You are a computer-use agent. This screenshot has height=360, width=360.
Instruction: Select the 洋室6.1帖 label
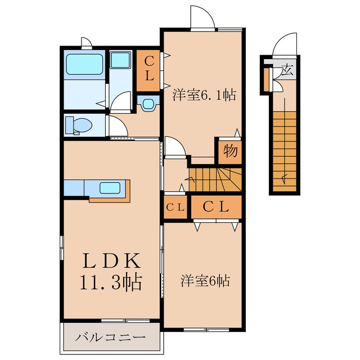point(203,94)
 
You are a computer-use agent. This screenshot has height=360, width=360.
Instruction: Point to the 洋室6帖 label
point(205,280)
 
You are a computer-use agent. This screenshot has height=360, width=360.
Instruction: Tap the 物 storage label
point(229,151)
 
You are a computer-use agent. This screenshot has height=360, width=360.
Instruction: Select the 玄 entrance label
point(287,71)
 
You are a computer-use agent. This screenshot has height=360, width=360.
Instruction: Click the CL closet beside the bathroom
point(149,71)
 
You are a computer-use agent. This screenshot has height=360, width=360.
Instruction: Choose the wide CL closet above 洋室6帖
point(216,207)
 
